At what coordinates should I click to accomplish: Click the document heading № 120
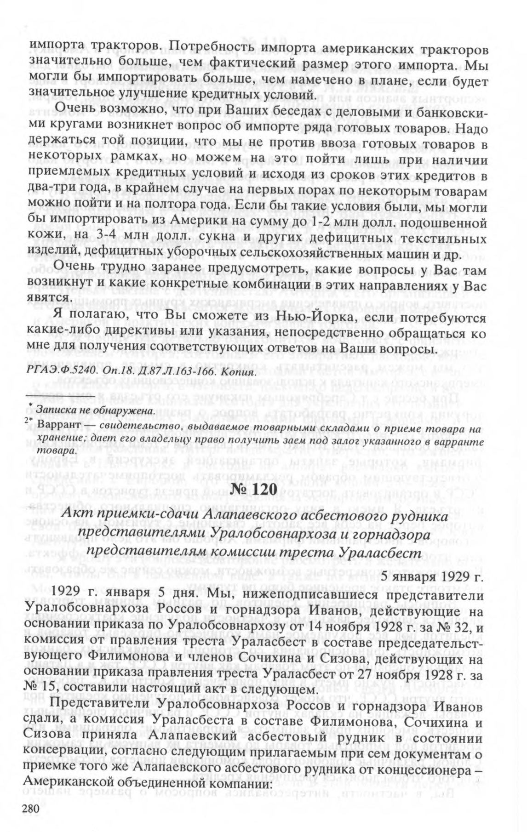[x=263, y=490]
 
